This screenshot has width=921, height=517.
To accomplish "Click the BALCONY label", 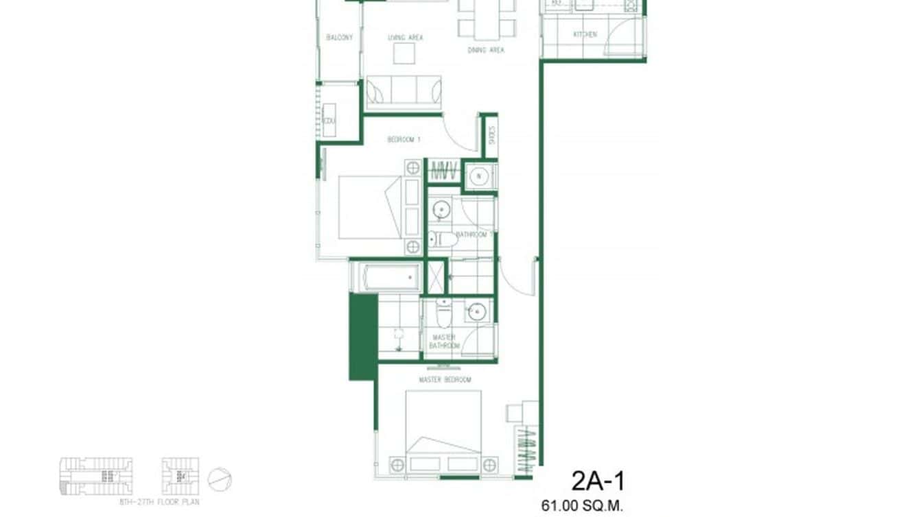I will (x=340, y=37).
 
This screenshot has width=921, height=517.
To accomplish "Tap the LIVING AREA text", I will (x=405, y=37).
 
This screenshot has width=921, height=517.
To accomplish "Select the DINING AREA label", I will (x=486, y=50).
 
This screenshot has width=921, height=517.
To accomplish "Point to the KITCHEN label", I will (x=585, y=34).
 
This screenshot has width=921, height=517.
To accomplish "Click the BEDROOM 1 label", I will (x=404, y=139).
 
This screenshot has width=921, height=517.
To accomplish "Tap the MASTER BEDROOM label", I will (x=445, y=379).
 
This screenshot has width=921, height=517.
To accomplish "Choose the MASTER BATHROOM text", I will (x=444, y=341).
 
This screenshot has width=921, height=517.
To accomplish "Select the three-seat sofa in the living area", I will (x=404, y=93).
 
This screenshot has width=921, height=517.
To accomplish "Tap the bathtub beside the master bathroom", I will (x=385, y=278).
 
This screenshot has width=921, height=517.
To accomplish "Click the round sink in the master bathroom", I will (x=476, y=312).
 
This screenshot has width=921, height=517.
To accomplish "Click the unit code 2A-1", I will (x=598, y=481).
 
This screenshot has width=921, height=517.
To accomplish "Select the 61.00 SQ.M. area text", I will (x=582, y=507).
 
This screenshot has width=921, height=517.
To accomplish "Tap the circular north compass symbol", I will (x=220, y=479).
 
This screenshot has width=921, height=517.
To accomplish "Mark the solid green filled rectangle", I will (x=363, y=336).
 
